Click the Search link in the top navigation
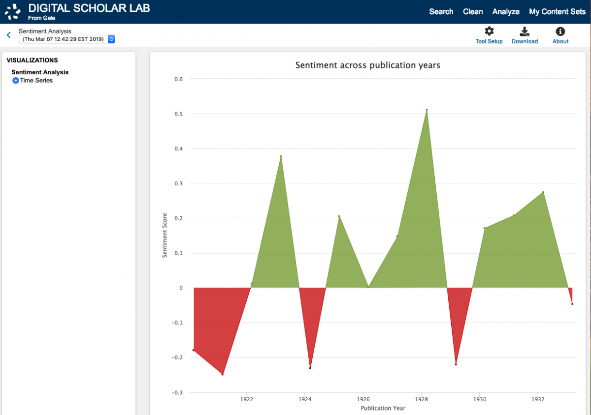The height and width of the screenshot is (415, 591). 441,12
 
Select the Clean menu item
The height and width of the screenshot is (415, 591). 472,12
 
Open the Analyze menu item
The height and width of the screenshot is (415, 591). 505,12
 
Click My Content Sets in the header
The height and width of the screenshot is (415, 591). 557,12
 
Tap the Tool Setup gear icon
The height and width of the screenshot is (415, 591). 489,31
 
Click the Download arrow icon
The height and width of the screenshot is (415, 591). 524,31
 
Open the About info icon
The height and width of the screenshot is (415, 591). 560,31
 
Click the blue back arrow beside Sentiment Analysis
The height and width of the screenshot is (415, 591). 9,35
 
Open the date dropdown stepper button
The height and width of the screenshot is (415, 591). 111,39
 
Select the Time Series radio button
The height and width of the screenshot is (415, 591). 16,80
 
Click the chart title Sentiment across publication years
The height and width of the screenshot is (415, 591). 367,65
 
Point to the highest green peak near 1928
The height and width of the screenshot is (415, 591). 427,110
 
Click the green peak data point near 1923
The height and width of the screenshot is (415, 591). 280,156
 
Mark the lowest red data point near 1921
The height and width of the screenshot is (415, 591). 223,374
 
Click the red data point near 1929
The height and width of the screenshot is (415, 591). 456,364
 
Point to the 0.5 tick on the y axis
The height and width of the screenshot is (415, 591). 178,114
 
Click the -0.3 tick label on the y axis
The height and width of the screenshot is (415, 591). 177,392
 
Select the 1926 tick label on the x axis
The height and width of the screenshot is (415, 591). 363,399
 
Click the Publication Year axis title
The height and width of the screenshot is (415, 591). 383,408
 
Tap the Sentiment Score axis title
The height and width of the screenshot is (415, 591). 164,236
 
